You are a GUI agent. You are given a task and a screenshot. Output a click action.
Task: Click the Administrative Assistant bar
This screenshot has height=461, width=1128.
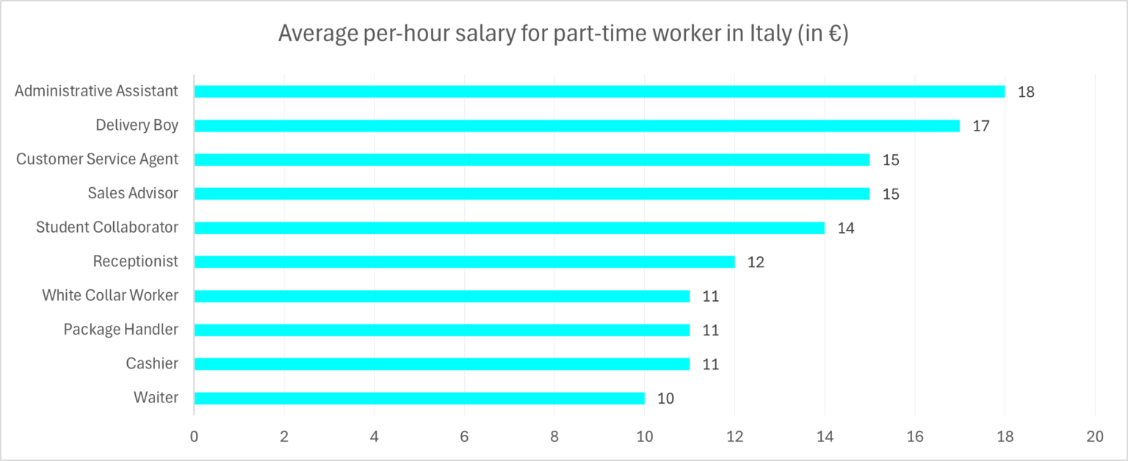coord(599,92)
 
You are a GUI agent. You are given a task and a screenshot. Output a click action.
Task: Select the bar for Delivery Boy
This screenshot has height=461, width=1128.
coord(576,126)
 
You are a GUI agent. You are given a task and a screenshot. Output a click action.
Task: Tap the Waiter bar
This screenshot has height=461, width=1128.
coord(419,398)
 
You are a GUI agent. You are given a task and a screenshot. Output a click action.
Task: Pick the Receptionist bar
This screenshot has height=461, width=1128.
coord(464,262)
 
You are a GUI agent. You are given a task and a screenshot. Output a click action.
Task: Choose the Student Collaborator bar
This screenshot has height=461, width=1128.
coord(509,228)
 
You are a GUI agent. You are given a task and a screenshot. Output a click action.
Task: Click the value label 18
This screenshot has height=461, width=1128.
coord(1026,92)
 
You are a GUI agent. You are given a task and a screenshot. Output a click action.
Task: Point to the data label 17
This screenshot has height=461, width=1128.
coord(981,126)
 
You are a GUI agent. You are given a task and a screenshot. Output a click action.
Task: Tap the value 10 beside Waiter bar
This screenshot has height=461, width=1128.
coord(665,399)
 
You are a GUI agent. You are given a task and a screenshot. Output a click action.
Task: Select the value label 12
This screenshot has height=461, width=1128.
coord(756,262)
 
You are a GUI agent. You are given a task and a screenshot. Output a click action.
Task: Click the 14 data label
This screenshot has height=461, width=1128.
coord(846,228)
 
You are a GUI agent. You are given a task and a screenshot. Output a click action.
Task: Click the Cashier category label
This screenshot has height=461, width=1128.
coord(152,363)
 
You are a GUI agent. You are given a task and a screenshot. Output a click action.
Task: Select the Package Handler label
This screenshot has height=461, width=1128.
coord(120,330)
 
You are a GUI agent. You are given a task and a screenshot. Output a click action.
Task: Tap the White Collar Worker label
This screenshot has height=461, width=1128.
coord(110,295)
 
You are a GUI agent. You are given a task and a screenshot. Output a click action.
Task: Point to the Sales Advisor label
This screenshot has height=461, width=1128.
coord(133,193)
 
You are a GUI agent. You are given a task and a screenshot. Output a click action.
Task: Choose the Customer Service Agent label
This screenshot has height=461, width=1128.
coord(97,159)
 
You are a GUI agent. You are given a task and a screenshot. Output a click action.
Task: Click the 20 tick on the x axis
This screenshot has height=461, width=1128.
coord(1094,435)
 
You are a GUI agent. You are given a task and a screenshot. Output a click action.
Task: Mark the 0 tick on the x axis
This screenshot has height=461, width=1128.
coord(194,435)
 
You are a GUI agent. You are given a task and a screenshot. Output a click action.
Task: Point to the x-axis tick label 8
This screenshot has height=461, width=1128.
coord(554,435)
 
